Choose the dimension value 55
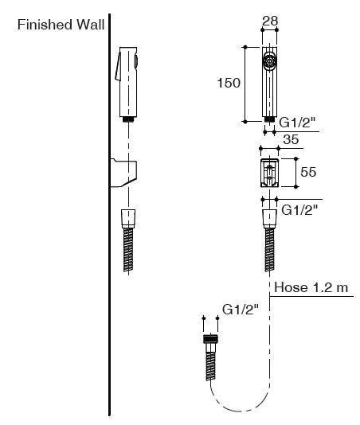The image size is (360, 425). coord(308,170)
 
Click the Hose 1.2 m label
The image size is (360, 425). coord(311,287)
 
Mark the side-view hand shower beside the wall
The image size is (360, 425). coord(128,80)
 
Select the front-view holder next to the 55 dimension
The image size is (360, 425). coord(269,171)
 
